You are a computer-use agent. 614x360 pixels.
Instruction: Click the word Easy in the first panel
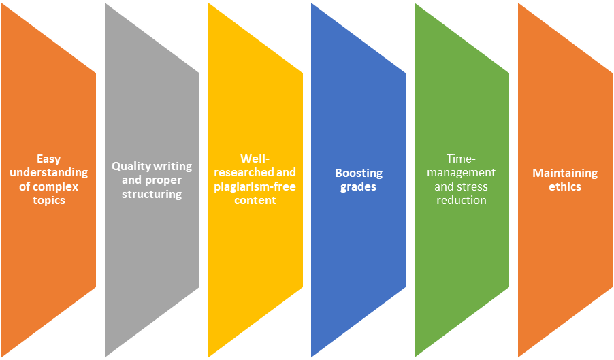(x=49, y=159)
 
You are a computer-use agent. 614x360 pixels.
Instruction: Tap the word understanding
(x=49, y=173)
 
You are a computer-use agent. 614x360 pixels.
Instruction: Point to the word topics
(x=49, y=200)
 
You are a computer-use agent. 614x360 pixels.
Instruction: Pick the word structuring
(x=152, y=194)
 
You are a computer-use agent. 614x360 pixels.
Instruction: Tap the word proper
(x=163, y=180)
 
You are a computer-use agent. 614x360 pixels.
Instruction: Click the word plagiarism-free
(x=255, y=187)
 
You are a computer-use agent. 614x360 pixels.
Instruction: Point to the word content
(x=255, y=201)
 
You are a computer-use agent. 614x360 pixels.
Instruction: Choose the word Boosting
(x=359, y=173)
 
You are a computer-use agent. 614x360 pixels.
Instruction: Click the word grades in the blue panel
(x=359, y=186)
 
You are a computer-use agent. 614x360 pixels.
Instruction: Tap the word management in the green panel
(x=462, y=173)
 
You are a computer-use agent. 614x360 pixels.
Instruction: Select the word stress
(x=472, y=186)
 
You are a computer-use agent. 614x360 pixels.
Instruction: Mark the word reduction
(x=462, y=201)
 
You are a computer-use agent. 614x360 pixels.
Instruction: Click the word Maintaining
(x=565, y=173)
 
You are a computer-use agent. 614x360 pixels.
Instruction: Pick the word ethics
(x=565, y=186)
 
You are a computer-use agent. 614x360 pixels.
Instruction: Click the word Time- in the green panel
(x=462, y=159)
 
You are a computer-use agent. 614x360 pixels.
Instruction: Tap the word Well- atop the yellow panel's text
(x=255, y=159)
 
